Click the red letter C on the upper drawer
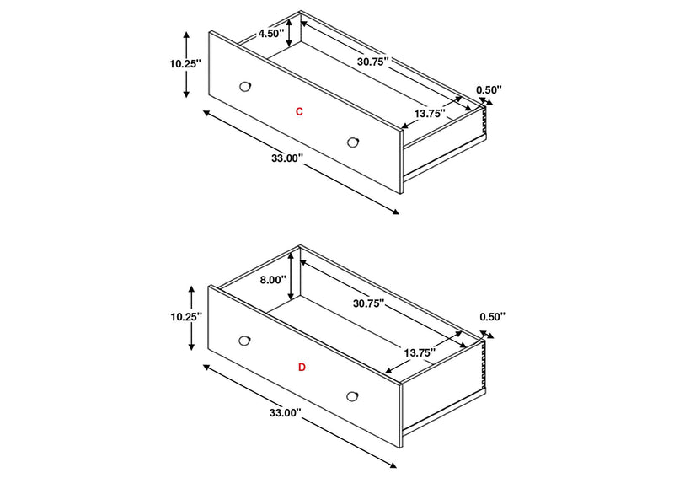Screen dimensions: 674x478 coord(299,112)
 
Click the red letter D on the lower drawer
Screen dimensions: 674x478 coord(302,368)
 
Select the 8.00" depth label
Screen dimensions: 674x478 coord(272,280)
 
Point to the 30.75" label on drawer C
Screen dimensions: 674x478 coord(373,61)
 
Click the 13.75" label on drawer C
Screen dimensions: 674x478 coord(430,114)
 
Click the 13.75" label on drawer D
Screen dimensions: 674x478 coord(420,352)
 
